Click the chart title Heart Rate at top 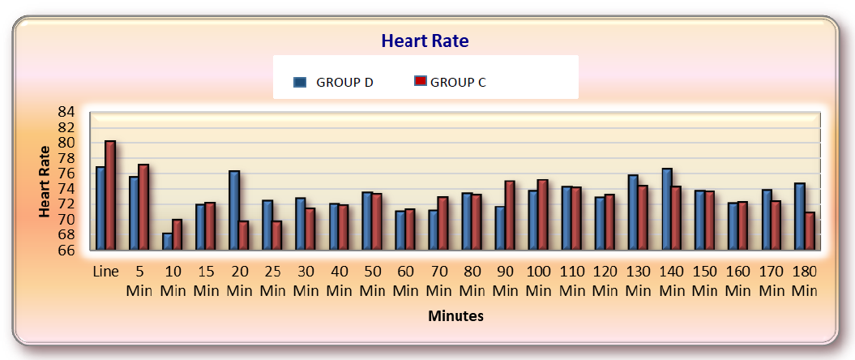(x=425, y=41)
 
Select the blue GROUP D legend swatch (x=300, y=81)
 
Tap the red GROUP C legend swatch (x=420, y=81)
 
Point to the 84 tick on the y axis (x=66, y=112)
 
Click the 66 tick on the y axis (x=66, y=250)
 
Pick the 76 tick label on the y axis (x=66, y=174)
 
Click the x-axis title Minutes (x=455, y=316)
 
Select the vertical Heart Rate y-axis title (x=45, y=181)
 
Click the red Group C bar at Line (x=110, y=195)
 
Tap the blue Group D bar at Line (x=100, y=208)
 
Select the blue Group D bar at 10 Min (x=167, y=242)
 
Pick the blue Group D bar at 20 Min (x=233, y=211)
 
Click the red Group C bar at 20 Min (x=243, y=235)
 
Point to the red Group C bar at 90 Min (x=509, y=216)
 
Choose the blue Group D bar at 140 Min (x=666, y=209)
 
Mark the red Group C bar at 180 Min (x=809, y=231)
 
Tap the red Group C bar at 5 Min (x=143, y=208)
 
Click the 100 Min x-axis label (x=538, y=281)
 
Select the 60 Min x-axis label (x=405, y=281)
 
